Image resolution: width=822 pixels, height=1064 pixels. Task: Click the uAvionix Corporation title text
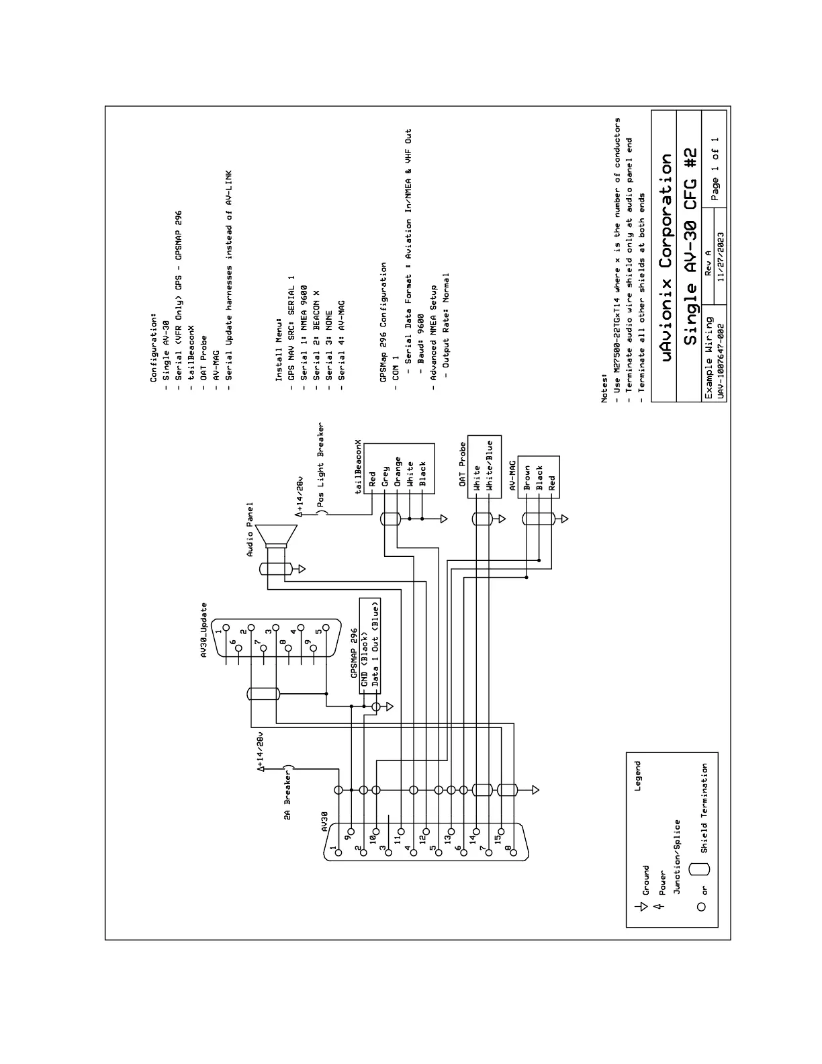(x=666, y=258)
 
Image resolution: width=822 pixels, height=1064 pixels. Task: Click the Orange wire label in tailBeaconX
(x=398, y=472)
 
